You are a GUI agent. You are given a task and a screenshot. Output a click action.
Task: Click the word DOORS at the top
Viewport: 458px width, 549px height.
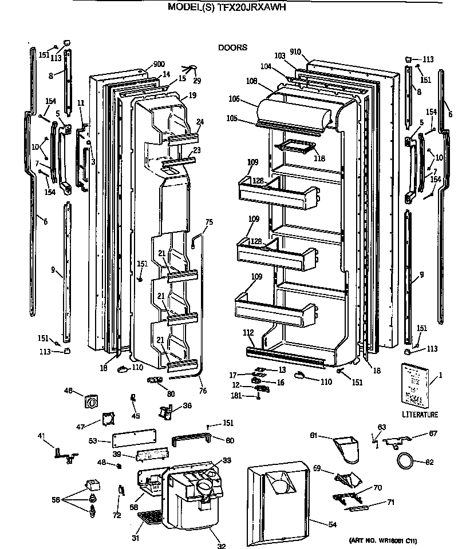[x=232, y=48]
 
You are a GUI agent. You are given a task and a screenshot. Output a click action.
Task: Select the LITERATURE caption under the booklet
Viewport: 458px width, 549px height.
[x=420, y=415]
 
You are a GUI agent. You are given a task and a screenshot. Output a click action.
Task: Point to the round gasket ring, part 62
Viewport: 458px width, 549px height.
[x=405, y=459]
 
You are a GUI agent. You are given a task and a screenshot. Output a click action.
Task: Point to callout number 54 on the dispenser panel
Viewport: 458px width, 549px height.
[x=315, y=525]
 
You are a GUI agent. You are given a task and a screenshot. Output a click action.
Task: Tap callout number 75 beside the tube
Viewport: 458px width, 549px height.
[x=208, y=222]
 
